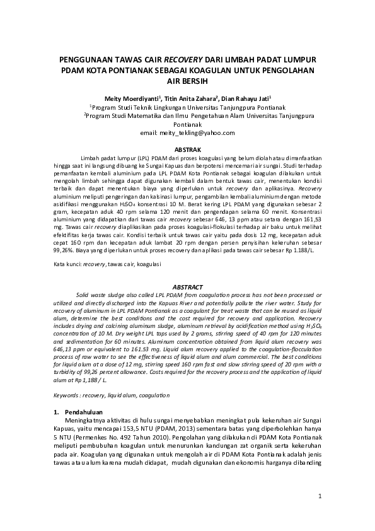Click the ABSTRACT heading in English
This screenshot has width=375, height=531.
187,286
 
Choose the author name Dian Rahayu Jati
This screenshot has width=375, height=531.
247,99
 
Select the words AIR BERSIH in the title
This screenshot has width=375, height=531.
187,81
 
